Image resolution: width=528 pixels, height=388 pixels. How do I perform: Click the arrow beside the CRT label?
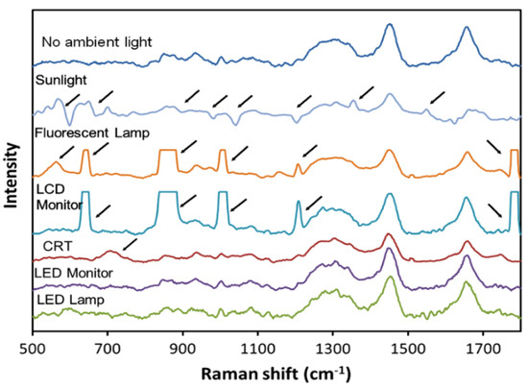[130, 248]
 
